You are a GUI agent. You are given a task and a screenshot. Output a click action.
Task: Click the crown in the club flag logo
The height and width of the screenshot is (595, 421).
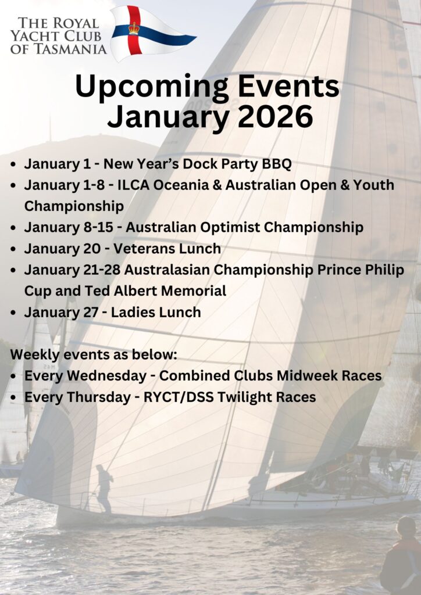tap(134, 28)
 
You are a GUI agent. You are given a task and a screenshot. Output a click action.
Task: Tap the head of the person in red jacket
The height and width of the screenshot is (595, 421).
tap(405, 526)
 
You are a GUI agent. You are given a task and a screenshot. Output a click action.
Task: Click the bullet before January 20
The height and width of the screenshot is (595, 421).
tap(14, 249)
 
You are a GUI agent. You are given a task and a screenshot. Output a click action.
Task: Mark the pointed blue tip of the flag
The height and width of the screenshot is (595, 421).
tap(195, 37)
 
